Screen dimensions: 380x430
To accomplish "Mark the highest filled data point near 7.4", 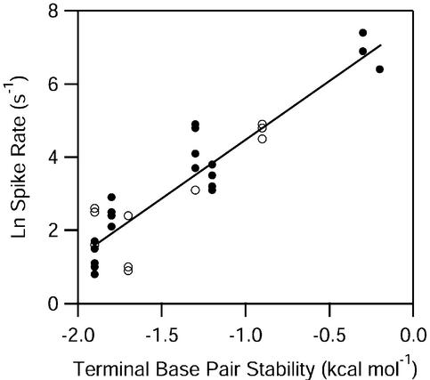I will pos(362,33).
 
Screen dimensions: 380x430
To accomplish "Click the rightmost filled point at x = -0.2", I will pos(379,69).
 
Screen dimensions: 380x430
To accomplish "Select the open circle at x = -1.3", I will pos(195,190).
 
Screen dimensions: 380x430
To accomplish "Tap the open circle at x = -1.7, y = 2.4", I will pos(128,215).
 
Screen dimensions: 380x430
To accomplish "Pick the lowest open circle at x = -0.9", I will pos(262,139).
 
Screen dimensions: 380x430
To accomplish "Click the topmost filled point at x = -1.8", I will pos(111,198).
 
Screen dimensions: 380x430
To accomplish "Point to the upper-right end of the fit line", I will pos(381,45).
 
